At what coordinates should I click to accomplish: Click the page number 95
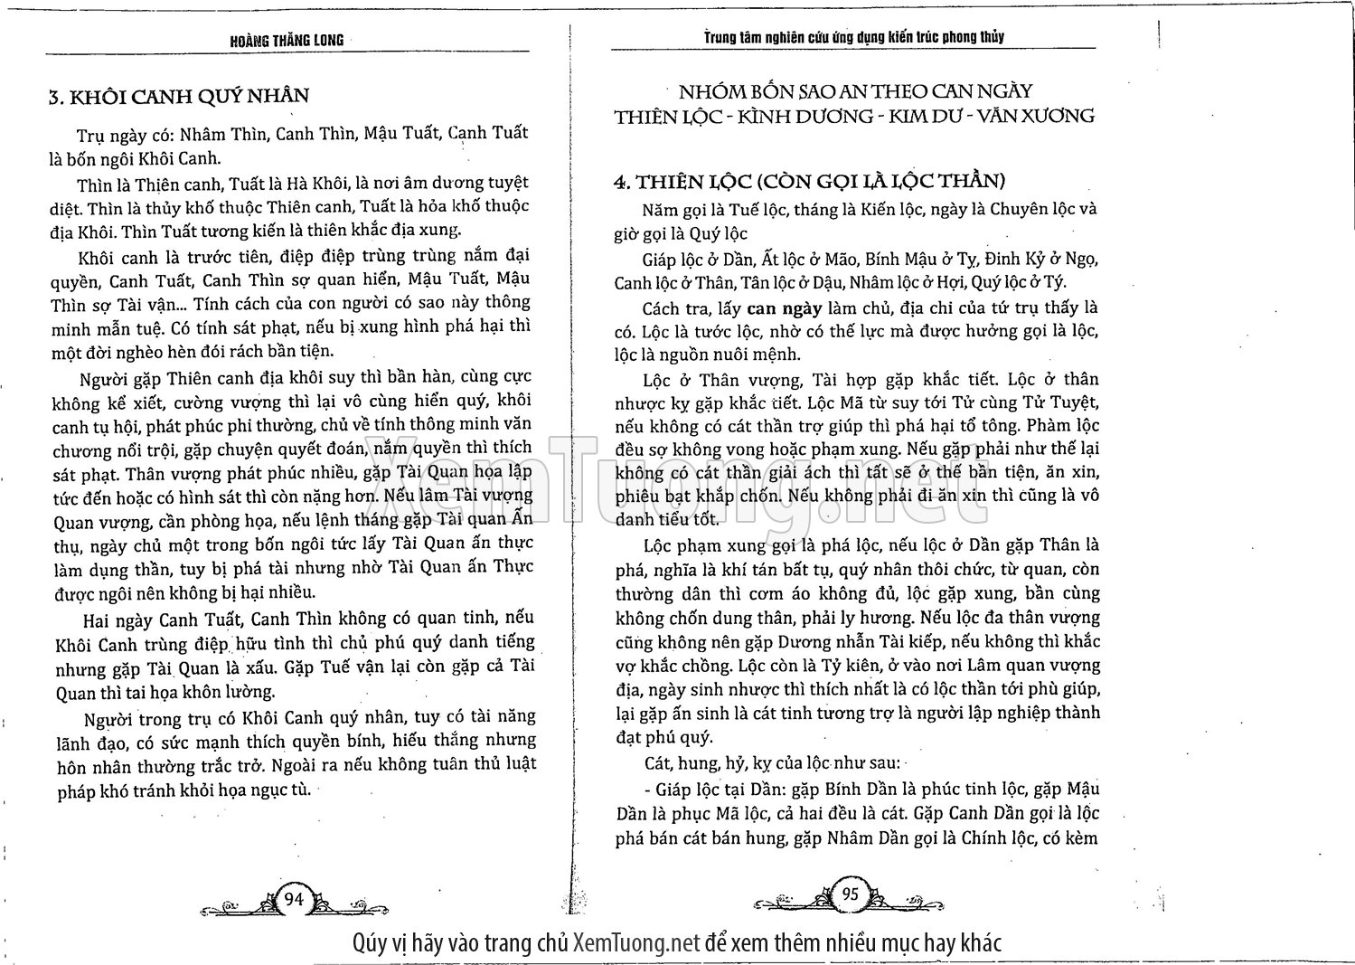pyautogui.click(x=850, y=894)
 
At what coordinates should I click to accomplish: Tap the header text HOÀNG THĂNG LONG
pyautogui.click(x=287, y=41)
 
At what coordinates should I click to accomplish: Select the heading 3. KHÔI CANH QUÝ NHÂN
pyautogui.click(x=178, y=96)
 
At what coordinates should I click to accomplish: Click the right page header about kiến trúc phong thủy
pyautogui.click(x=853, y=37)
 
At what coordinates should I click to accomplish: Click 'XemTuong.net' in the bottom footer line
pyautogui.click(x=637, y=942)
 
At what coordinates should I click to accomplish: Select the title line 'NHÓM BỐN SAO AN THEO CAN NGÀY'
pyautogui.click(x=855, y=91)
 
